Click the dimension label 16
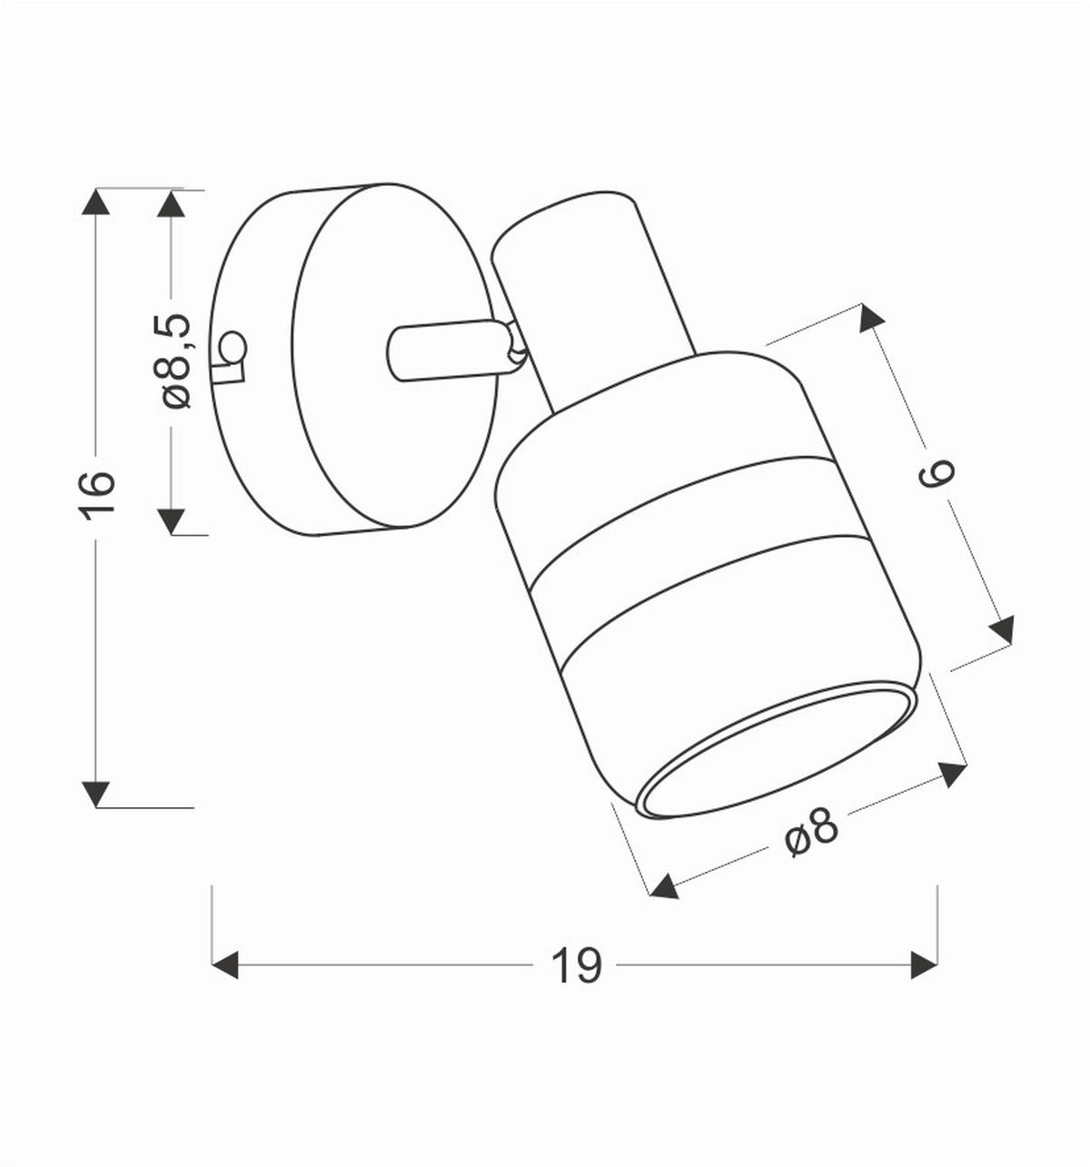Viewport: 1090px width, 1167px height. coord(97,495)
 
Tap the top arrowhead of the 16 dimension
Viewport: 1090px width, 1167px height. coord(96,201)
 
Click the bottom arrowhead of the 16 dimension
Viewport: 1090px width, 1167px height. coord(96,794)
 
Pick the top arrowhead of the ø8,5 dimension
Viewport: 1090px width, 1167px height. coord(171,203)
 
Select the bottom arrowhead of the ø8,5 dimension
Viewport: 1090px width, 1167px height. coord(171,521)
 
